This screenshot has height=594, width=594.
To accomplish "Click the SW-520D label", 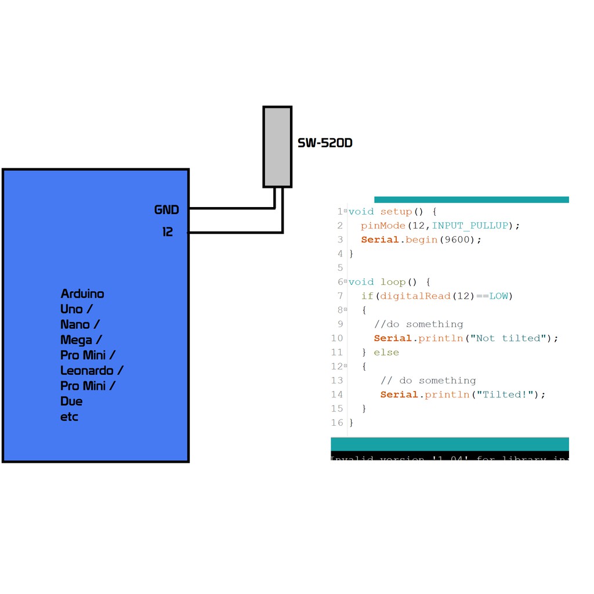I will coord(325,143).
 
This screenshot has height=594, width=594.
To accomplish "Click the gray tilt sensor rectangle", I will coord(277,147).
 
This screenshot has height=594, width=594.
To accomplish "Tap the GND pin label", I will coord(166,210).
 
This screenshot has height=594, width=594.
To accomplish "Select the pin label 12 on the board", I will coord(168,232).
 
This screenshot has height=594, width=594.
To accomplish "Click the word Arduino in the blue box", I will coord(82,294).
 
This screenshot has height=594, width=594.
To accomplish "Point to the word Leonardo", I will coord(88,370).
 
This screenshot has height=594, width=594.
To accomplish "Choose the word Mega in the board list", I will coord(76,339).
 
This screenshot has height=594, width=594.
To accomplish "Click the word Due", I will coord(71,401).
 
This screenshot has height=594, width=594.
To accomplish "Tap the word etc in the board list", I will coord(69,416).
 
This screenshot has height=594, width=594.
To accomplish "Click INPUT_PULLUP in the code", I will coord(470,226).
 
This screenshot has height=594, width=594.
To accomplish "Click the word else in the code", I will coord(386,352).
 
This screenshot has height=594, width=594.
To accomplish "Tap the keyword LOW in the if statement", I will coord(498,296).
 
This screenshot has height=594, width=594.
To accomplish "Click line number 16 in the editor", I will coord(337,422).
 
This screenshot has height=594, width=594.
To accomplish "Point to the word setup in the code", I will coord(396,212).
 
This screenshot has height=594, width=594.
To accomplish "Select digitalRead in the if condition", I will coord(415,296).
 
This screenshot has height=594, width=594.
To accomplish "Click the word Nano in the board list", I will coord(75,324).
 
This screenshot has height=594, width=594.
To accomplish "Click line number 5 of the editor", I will coord(340,267).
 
